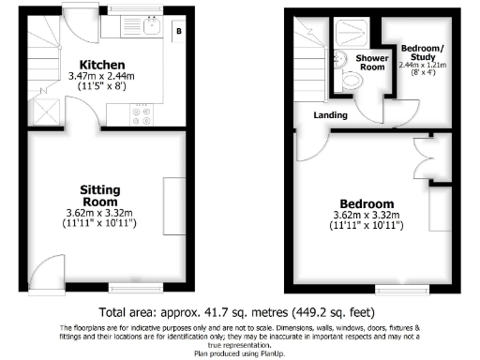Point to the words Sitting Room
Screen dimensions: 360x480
click(x=98, y=195)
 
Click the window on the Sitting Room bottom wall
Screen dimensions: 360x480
click(x=130, y=285)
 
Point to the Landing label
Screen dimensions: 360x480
click(x=331, y=115)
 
